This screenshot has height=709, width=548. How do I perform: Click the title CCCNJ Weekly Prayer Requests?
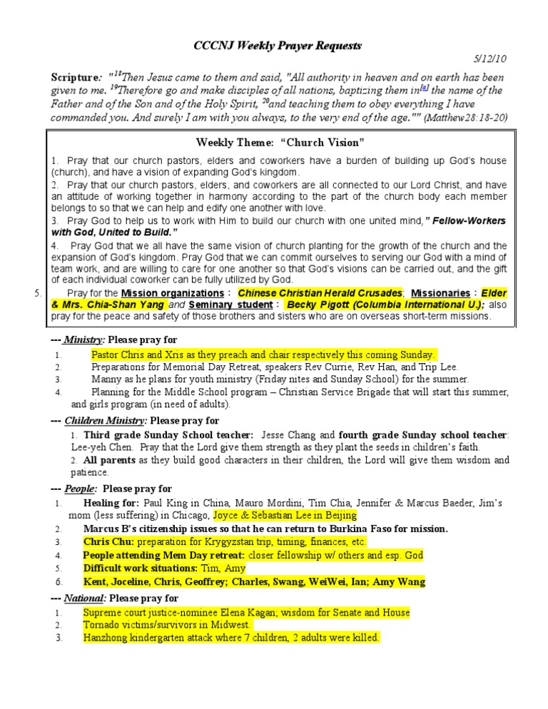278,46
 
